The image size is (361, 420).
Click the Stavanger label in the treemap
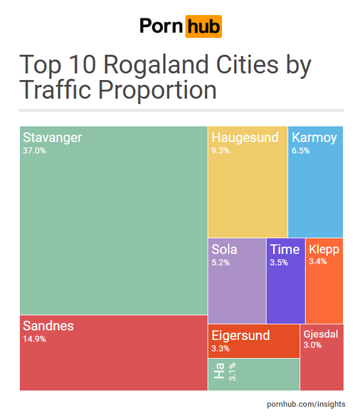tap(52, 138)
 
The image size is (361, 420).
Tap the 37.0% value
tap(34, 151)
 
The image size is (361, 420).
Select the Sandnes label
tap(48, 326)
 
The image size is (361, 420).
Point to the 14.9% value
tap(34, 339)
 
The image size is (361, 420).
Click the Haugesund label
tap(245, 138)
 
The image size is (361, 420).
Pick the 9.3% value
tap(220, 151)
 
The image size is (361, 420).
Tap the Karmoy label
tap(314, 138)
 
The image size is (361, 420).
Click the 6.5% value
tap(301, 151)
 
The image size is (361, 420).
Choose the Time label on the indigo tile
tap(284, 249)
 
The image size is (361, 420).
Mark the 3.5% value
tap(279, 262)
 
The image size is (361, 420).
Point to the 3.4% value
tap(318, 262)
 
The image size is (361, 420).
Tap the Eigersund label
tap(241, 335)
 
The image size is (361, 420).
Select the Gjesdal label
tap(321, 334)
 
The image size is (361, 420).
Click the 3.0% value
tap(312, 345)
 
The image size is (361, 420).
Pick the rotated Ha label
tap(219, 371)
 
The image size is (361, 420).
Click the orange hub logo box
tap(203, 26)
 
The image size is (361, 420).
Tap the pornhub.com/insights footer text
tap(306, 404)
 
